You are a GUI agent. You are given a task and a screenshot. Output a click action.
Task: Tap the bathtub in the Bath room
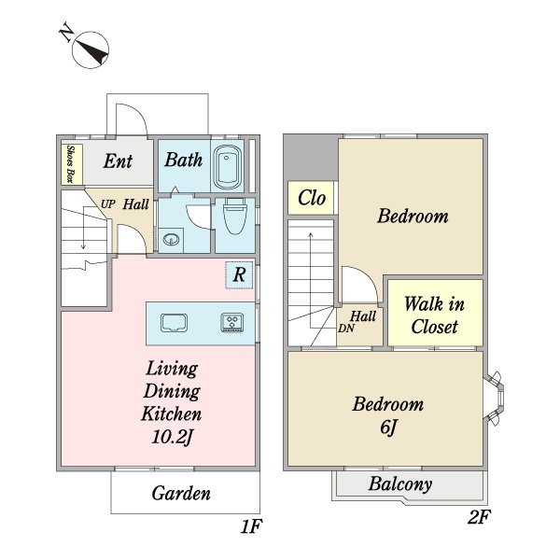228,167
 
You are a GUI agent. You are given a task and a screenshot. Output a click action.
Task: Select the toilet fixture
235,217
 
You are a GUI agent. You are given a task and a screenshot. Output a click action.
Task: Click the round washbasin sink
171,239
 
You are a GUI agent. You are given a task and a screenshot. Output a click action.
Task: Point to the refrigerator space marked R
239,275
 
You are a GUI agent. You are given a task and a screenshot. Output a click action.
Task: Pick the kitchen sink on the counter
174,323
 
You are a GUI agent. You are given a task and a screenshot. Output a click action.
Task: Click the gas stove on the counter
232,323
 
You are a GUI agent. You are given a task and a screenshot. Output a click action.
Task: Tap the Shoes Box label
70,164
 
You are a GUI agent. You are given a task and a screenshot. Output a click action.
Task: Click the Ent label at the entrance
118,161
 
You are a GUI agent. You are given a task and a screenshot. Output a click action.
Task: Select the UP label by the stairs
108,203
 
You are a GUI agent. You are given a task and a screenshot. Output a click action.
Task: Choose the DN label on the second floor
346,329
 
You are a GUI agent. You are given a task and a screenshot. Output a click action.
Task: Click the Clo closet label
312,198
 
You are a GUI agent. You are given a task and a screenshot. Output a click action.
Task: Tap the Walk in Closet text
434,315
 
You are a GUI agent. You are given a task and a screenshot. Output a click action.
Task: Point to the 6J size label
388,427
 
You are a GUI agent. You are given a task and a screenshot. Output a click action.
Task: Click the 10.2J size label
173,437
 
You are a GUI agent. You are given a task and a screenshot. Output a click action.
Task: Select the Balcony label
400,484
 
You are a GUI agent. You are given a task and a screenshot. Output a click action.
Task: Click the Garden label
181,493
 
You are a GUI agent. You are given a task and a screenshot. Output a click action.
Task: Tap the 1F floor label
251,526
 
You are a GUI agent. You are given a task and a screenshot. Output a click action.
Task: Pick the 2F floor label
480,517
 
